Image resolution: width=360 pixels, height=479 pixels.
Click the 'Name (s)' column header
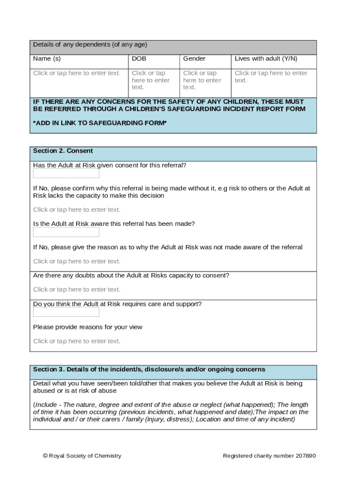(x=47, y=59)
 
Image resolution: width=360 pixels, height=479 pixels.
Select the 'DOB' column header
(x=139, y=59)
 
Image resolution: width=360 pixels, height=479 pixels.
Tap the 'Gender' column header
(x=194, y=59)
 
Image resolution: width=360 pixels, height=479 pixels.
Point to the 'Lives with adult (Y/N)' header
(x=266, y=59)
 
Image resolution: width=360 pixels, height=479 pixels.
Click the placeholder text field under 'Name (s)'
(x=77, y=73)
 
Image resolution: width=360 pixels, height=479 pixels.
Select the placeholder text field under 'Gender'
(x=202, y=80)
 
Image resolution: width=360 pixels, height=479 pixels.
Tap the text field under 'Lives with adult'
(x=271, y=76)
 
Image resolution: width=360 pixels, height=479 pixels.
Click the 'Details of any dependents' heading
(x=90, y=45)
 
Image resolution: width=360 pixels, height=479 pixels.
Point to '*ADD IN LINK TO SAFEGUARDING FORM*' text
(x=100, y=123)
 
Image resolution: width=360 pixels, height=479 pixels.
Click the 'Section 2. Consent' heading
(x=63, y=151)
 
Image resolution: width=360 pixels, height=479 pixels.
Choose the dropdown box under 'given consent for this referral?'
(x=66, y=174)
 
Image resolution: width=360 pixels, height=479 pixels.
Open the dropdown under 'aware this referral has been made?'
(x=66, y=232)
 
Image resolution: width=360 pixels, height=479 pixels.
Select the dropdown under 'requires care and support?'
(x=66, y=312)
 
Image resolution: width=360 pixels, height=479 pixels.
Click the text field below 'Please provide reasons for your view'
(x=77, y=341)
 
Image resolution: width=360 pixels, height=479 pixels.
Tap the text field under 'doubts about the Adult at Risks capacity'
(x=77, y=290)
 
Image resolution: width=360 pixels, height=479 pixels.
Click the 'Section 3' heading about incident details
(x=149, y=370)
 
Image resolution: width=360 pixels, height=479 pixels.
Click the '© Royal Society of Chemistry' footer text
(x=82, y=456)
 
